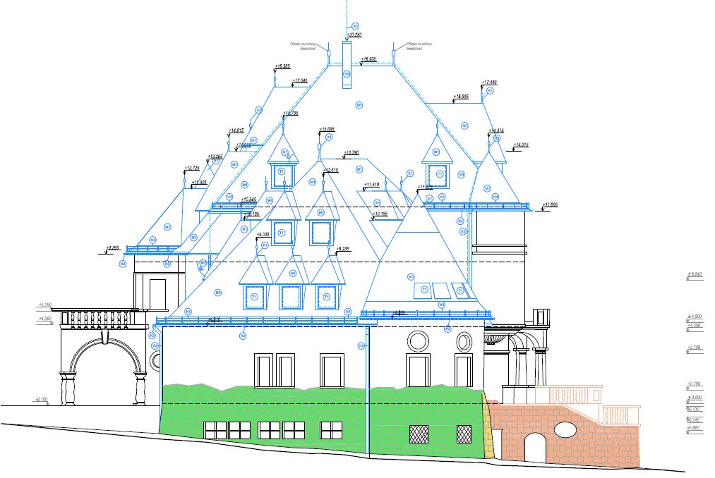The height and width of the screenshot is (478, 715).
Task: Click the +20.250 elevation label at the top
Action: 354,34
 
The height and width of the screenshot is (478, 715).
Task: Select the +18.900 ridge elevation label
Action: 369,59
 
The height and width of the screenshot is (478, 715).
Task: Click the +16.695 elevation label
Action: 461,96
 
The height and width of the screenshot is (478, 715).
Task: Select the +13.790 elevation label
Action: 351,152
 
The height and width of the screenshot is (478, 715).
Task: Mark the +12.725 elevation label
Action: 191,168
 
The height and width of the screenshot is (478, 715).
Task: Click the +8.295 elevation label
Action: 113,247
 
